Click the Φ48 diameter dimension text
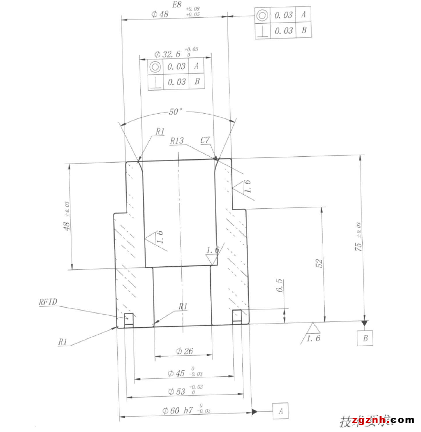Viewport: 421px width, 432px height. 159,15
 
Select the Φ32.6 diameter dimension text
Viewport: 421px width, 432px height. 168,54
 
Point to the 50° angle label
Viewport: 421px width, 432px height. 175,112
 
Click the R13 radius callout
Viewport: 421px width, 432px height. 177,140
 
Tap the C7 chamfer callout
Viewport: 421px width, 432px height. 205,140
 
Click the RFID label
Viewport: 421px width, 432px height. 48,302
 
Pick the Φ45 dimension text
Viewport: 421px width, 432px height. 177,373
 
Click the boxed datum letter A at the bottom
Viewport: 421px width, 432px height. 281,410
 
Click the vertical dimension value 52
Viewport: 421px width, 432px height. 319,264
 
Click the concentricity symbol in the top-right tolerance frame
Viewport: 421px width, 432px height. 262,15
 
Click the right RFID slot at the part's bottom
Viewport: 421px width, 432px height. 237,316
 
